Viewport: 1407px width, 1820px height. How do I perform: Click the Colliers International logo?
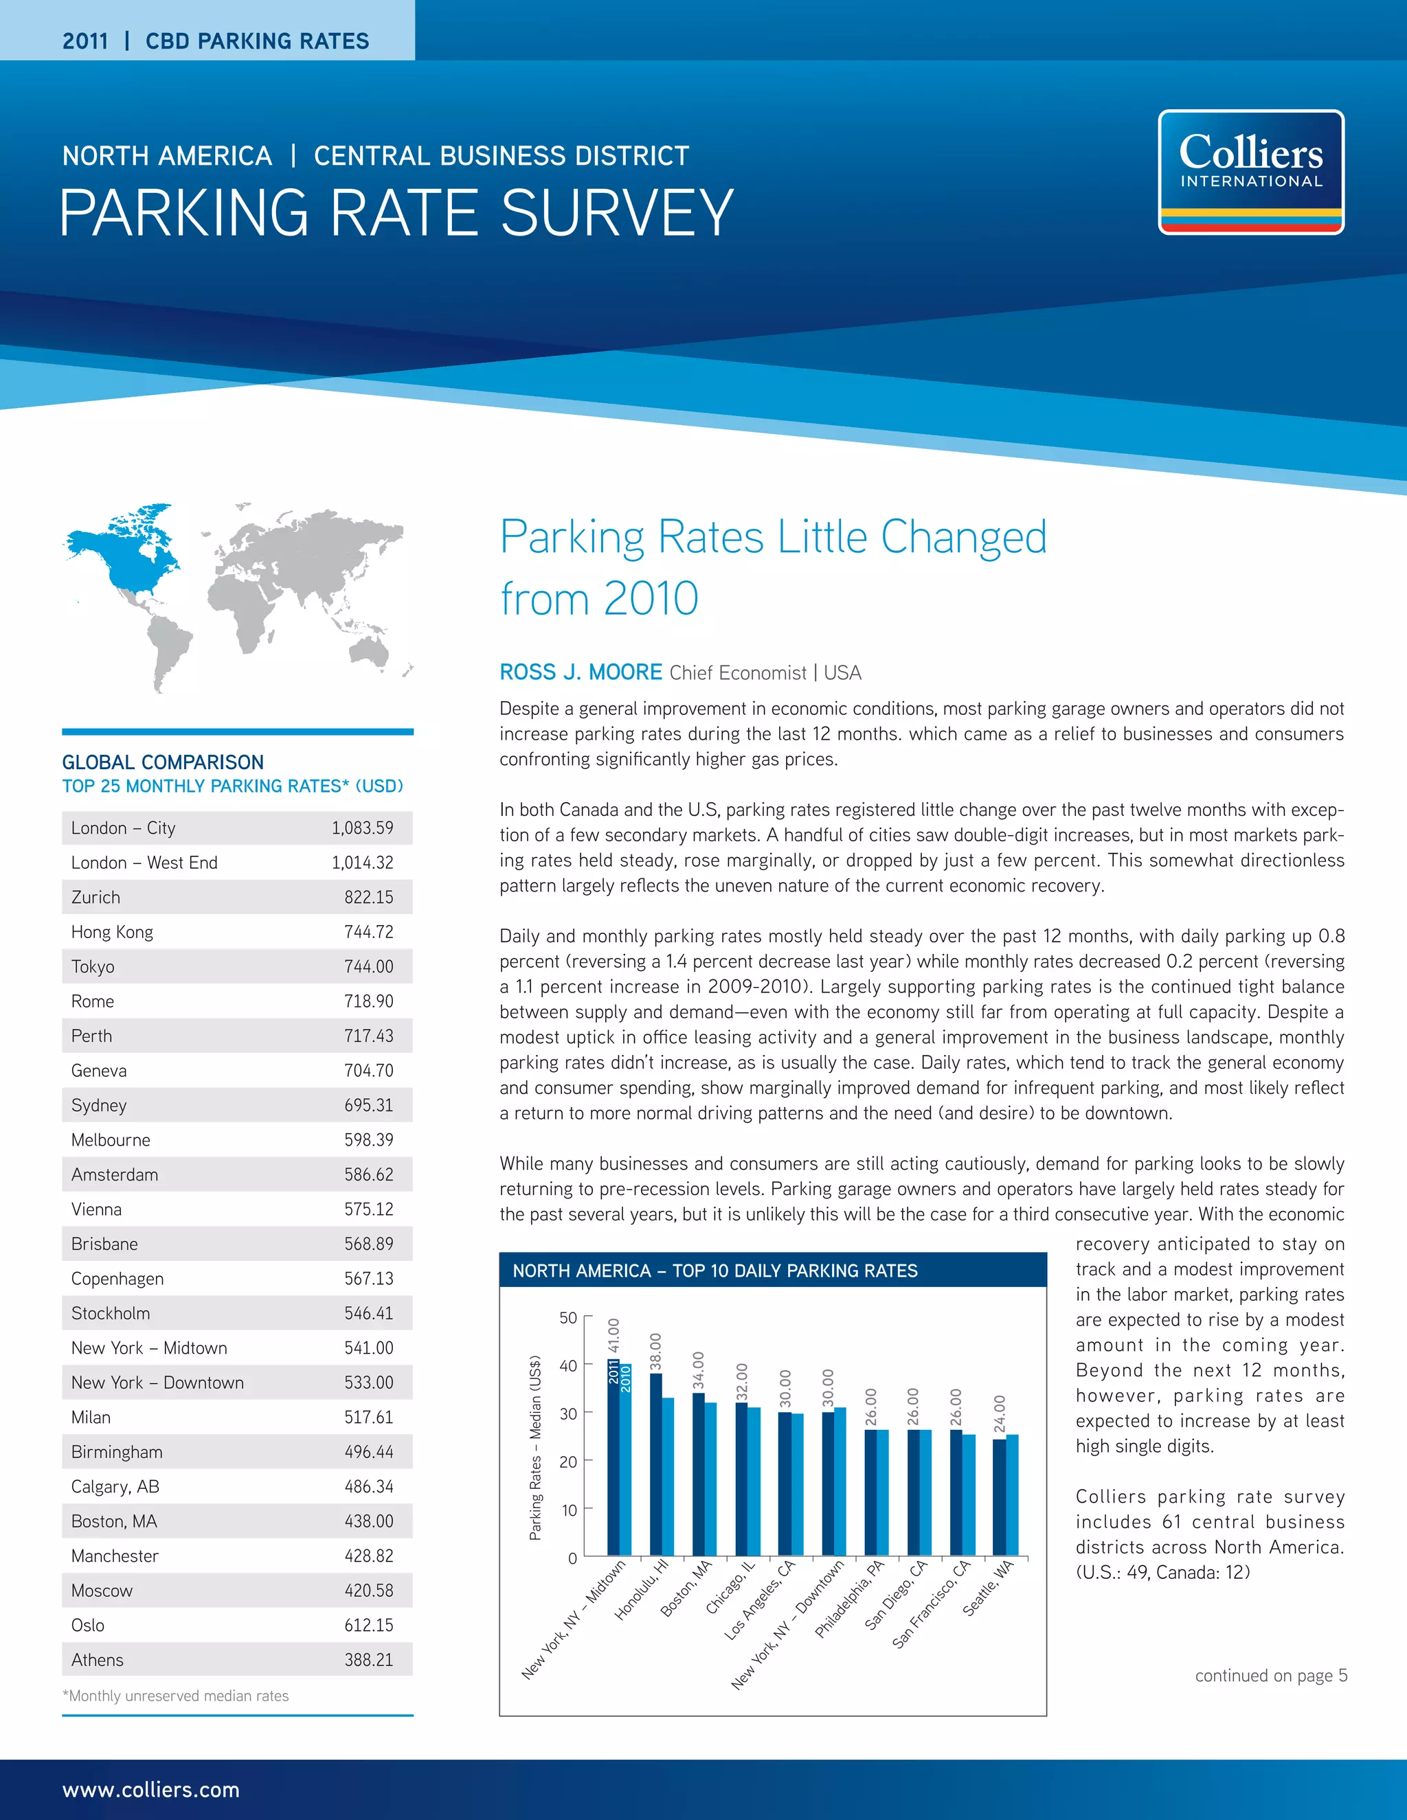pyautogui.click(x=1250, y=172)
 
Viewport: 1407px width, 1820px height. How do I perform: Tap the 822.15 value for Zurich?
pyautogui.click(x=368, y=897)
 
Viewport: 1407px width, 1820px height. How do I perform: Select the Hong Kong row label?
pyautogui.click(x=112, y=932)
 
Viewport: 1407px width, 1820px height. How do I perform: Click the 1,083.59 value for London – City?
pyautogui.click(x=362, y=828)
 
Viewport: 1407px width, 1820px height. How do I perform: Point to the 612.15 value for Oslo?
pyautogui.click(x=368, y=1624)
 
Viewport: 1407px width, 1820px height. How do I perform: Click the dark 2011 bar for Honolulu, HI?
pyautogui.click(x=656, y=1467)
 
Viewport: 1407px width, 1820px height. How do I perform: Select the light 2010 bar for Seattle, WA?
pyautogui.click(x=1012, y=1496)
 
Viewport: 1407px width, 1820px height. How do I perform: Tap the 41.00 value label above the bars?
pyautogui.click(x=614, y=1334)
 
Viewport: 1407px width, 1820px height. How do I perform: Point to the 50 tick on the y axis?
pyautogui.click(x=567, y=1317)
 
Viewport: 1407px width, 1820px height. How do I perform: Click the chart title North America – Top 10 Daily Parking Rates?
pyautogui.click(x=714, y=1270)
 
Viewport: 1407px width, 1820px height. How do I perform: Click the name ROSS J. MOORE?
pyautogui.click(x=580, y=672)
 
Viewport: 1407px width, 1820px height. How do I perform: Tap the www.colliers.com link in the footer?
pyautogui.click(x=151, y=1789)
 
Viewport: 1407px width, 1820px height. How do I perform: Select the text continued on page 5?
pyautogui.click(x=1270, y=1675)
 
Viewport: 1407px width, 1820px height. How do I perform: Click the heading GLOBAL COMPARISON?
pyautogui.click(x=163, y=762)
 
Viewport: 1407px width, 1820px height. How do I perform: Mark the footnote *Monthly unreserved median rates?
pyautogui.click(x=176, y=1695)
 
